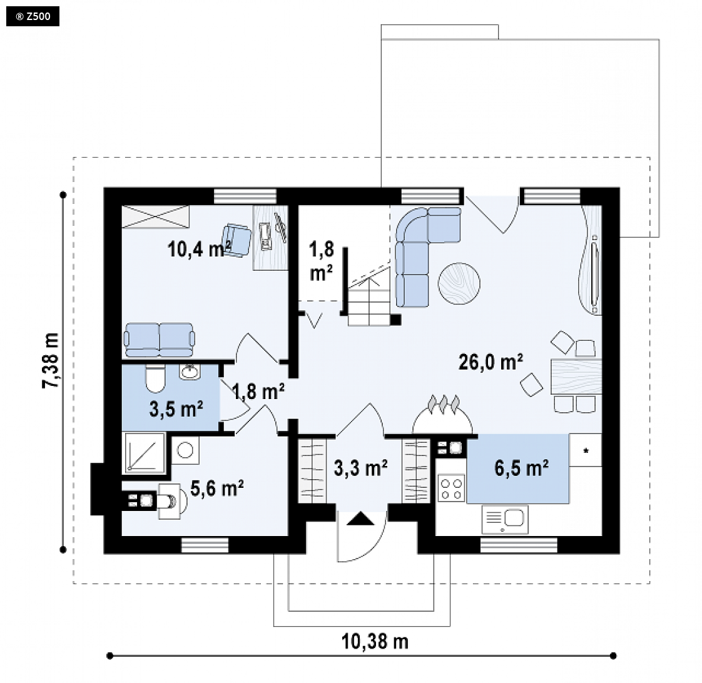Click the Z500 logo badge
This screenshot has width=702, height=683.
tap(33, 16)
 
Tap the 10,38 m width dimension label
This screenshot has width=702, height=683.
tap(375, 641)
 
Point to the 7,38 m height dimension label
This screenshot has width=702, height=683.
tap(51, 360)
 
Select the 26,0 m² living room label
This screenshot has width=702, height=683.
tap(491, 362)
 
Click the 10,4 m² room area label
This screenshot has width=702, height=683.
tap(199, 248)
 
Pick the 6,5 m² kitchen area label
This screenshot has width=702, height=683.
tap(522, 468)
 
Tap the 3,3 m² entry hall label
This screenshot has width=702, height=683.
tap(361, 468)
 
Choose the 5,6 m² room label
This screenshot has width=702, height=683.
tap(217, 488)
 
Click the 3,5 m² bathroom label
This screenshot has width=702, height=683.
tap(176, 408)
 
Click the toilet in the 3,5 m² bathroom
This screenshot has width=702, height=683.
tap(155, 378)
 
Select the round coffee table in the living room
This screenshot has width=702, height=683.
tap(459, 283)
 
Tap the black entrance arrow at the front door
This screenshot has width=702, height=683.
tap(360, 519)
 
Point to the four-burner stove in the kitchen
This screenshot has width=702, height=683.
tap(451, 488)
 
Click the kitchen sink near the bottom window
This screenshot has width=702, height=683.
tap(505, 519)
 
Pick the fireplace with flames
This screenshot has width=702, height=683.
tap(442, 415)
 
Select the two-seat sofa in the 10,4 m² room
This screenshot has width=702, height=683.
tap(160, 340)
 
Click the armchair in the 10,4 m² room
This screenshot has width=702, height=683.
tap(237, 240)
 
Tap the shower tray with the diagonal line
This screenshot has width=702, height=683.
tap(144, 453)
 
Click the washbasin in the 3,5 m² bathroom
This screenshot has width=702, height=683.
tap(190, 372)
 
